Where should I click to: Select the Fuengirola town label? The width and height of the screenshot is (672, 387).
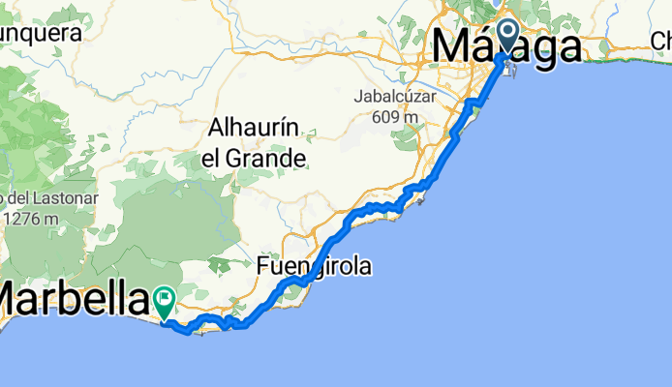(314, 265)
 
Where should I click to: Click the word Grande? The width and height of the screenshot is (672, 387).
(274, 156)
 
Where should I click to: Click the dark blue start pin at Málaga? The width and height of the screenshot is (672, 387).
(507, 37)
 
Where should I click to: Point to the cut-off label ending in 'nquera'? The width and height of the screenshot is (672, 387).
(39, 32)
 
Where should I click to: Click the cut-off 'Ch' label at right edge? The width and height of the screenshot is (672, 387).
(660, 41)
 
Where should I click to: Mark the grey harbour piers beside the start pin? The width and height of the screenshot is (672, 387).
(513, 68)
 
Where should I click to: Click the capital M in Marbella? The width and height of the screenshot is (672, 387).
(15, 299)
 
